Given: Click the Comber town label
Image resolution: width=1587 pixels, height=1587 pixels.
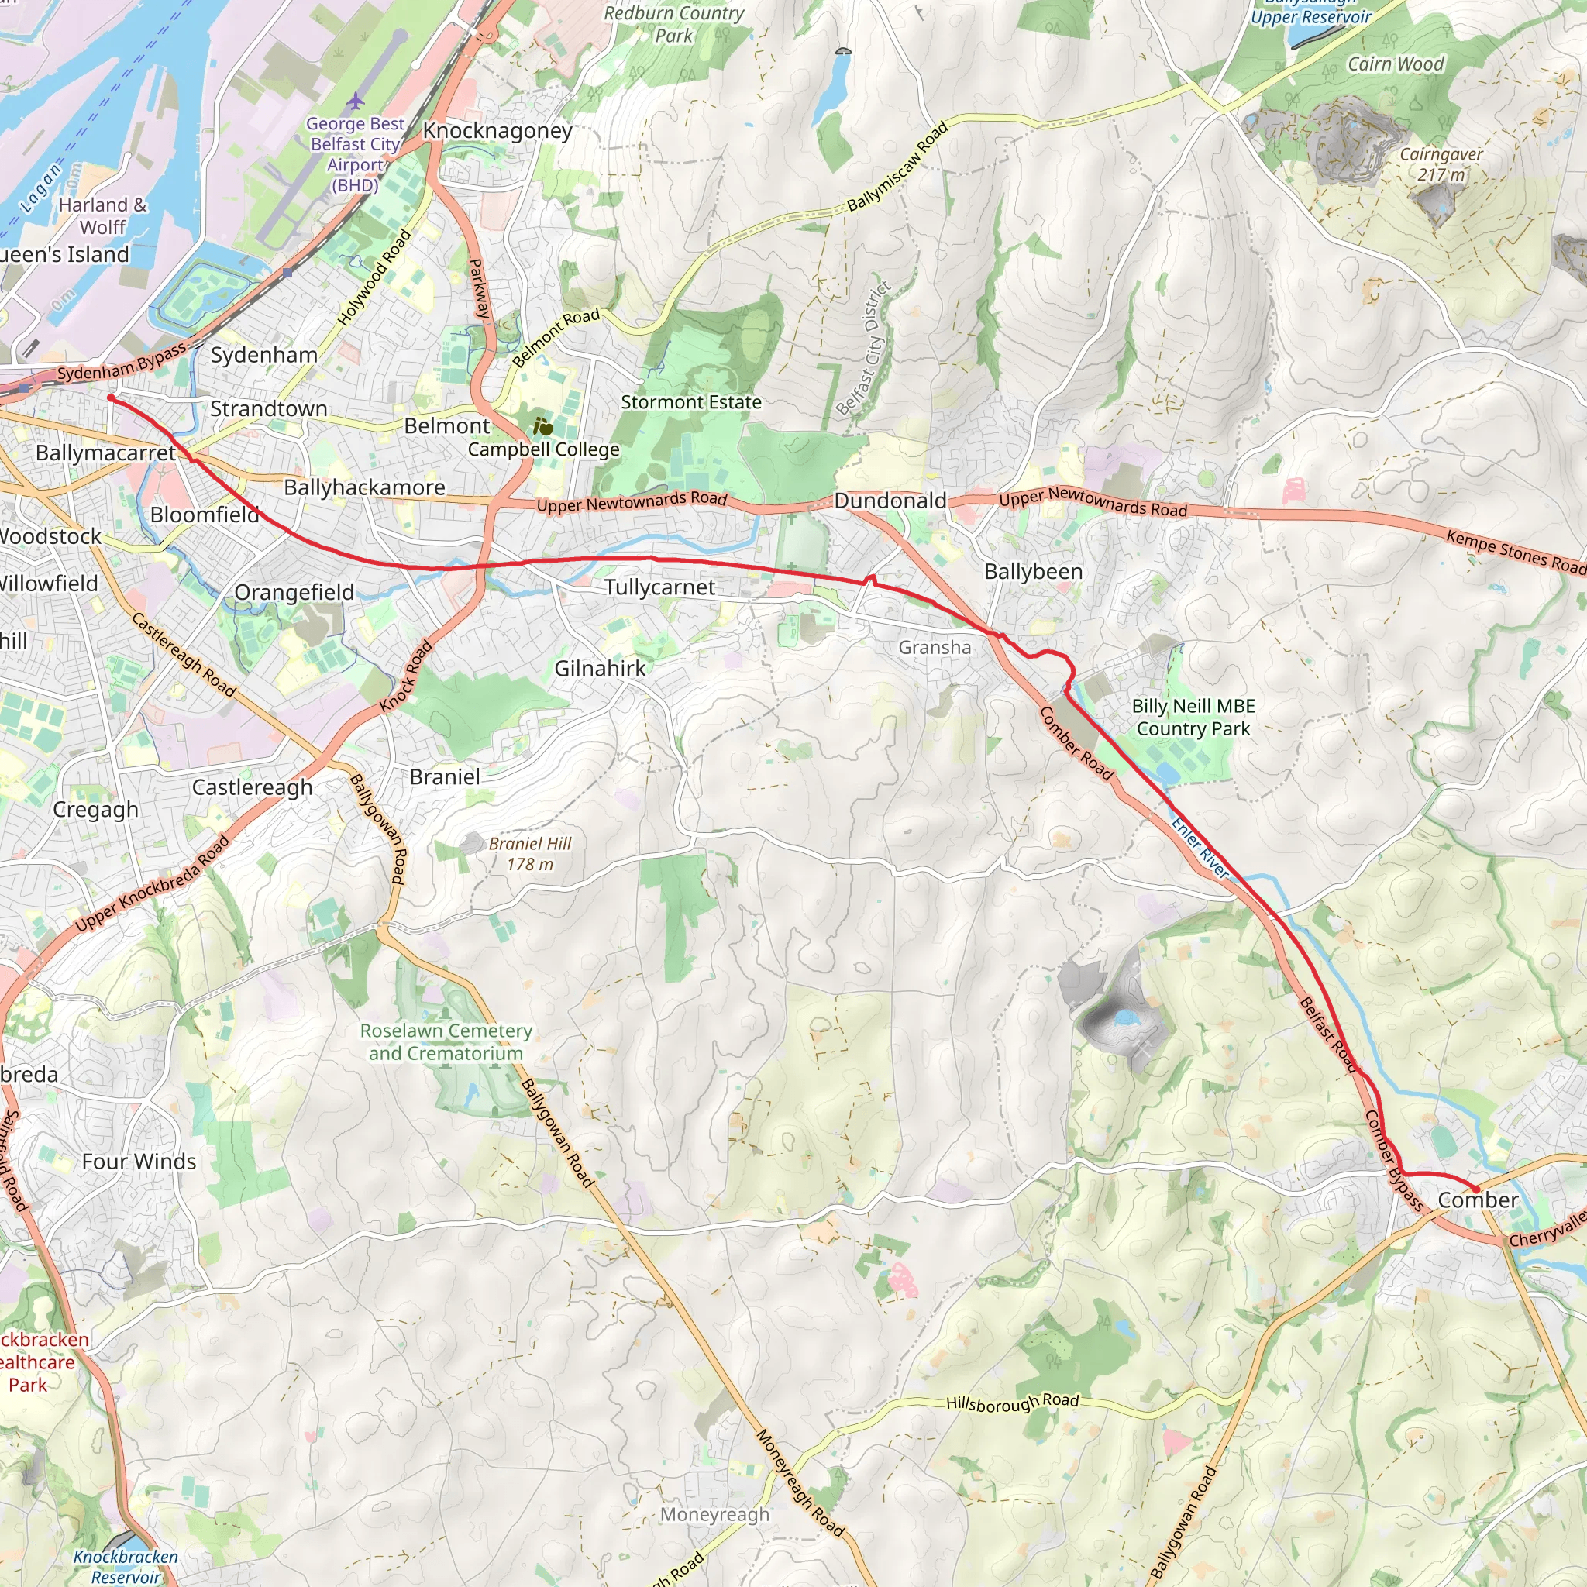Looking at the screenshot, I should click(1478, 1200).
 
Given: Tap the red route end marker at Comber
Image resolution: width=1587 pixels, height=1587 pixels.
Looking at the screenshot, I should click(1475, 1189).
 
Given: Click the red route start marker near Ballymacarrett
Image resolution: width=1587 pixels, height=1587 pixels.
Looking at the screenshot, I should click(111, 398).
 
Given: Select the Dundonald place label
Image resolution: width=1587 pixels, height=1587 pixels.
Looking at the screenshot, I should click(890, 501).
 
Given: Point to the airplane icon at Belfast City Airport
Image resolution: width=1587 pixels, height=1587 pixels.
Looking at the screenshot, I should click(355, 100).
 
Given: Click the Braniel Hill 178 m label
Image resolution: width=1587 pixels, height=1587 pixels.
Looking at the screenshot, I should click(530, 853).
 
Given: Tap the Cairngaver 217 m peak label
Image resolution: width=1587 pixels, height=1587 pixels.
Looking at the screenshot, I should click(1441, 164).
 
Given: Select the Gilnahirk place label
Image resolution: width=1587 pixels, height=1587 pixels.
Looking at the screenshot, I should click(600, 668).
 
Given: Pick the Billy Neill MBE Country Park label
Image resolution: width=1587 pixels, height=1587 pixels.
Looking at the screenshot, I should click(1193, 717).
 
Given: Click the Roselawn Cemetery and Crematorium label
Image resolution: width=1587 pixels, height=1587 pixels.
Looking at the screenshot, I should click(446, 1041).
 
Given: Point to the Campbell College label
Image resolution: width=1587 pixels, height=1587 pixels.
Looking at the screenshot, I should click(544, 449).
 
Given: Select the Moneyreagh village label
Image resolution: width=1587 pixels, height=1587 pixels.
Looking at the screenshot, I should click(714, 1514).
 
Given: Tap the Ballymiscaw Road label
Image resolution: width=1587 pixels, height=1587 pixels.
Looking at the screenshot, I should click(898, 165).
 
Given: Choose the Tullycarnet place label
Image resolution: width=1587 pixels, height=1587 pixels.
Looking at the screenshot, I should click(659, 587).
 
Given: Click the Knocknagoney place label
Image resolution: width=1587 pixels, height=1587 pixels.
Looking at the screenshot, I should click(497, 131).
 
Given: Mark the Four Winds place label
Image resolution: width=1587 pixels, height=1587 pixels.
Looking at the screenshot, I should click(139, 1162).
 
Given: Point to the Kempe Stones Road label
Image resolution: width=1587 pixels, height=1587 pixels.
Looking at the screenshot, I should click(1516, 551).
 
